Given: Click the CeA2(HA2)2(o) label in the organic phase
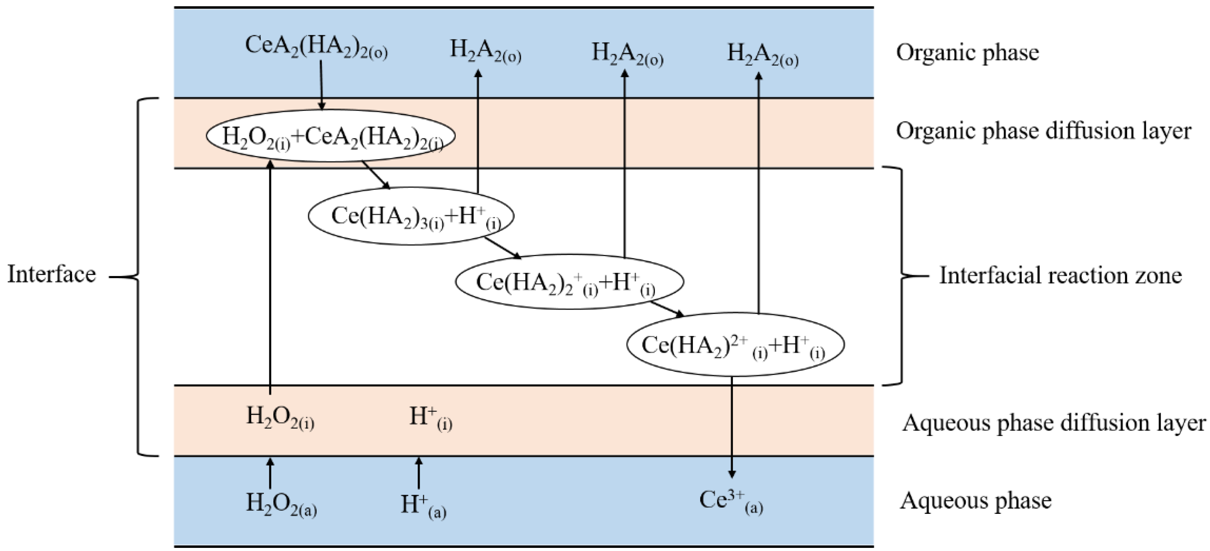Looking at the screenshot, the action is point(316,47).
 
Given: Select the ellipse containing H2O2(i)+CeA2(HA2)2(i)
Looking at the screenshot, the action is point(331,136).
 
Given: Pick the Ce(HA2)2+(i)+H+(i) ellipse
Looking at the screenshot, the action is point(569,282).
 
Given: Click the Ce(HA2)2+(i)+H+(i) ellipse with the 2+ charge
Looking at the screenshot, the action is point(735,345).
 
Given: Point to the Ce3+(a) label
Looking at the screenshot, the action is point(730,501).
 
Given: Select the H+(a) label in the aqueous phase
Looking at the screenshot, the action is point(423,506).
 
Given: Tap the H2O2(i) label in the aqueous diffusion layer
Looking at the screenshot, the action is point(280,417).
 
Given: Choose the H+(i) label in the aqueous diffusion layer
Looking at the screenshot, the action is point(431,418).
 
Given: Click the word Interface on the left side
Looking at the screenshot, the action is point(52,274).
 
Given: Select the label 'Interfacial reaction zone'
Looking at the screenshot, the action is point(1060,275).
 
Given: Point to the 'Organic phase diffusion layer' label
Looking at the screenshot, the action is point(1043,131).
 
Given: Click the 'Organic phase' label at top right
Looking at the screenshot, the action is point(967,52).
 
